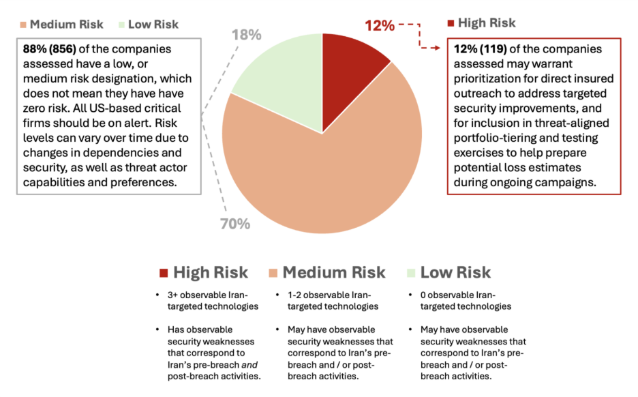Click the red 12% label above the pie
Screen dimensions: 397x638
click(x=380, y=25)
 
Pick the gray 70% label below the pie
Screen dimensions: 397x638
click(x=234, y=223)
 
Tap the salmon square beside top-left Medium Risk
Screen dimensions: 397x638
click(x=22, y=25)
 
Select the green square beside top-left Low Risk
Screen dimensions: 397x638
click(x=122, y=25)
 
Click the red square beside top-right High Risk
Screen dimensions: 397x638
click(x=451, y=23)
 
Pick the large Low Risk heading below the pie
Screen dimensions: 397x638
click(x=455, y=273)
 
